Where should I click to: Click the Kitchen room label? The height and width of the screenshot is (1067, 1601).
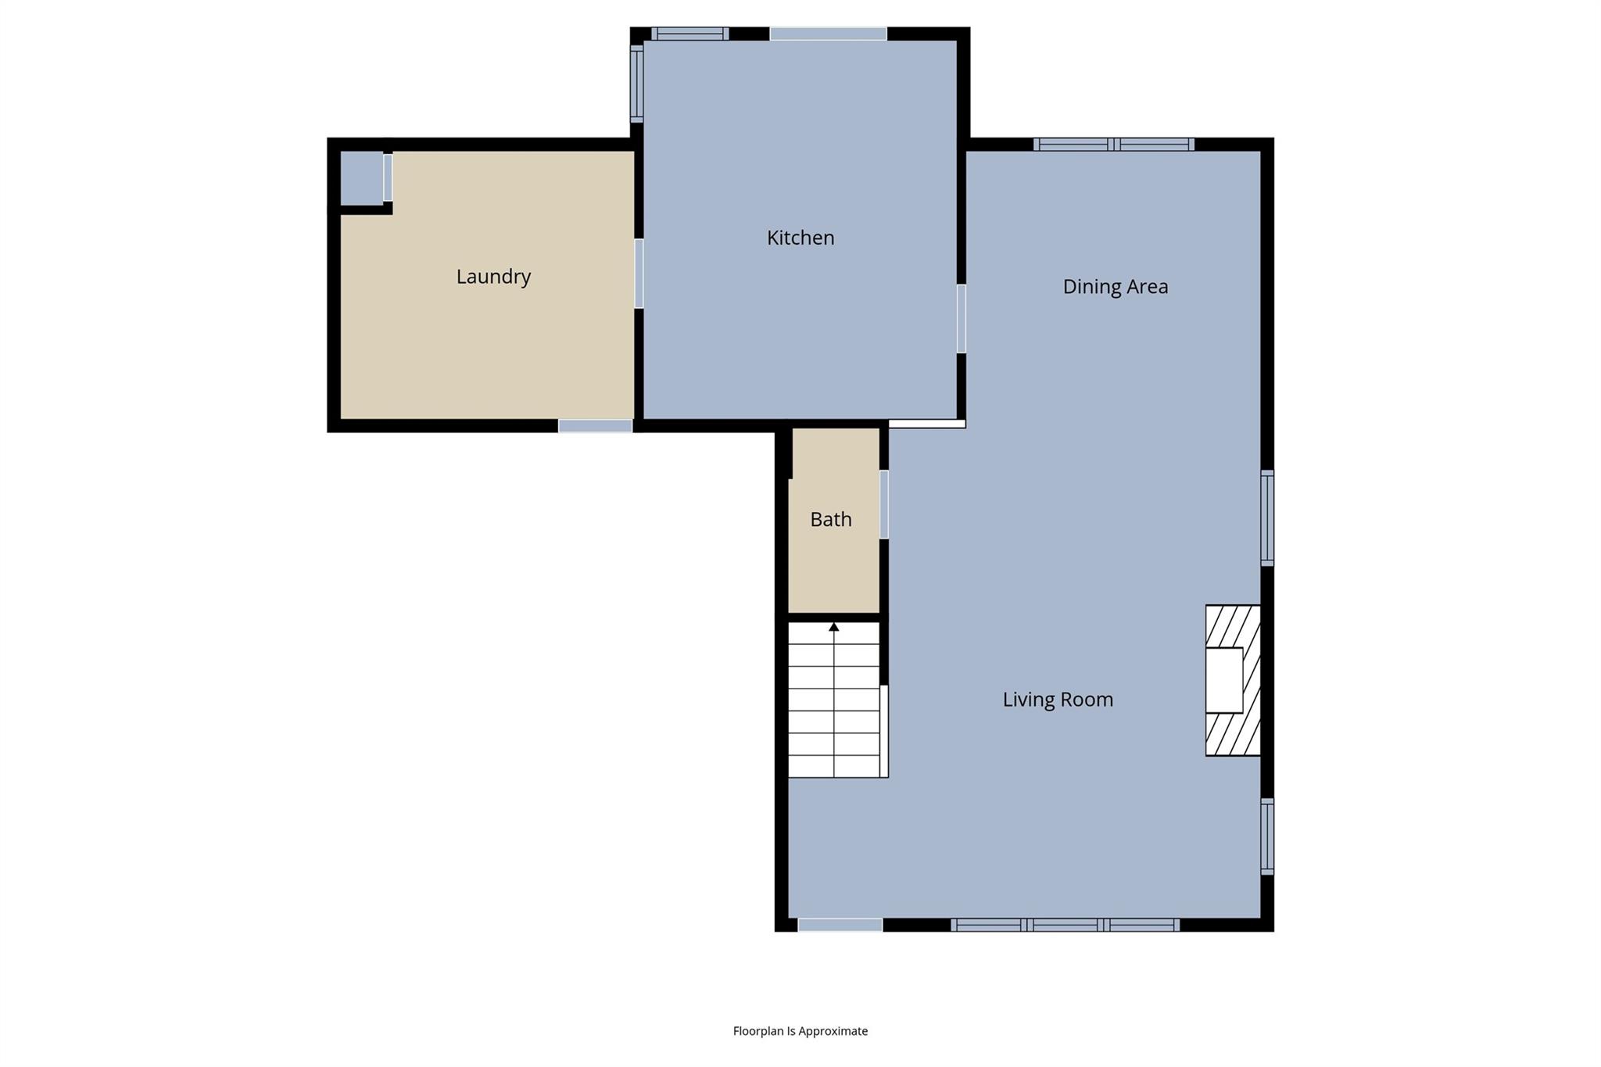[x=800, y=238]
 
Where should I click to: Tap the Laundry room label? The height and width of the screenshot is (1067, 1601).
[x=493, y=277]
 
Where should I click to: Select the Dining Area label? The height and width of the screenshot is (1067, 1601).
[x=1115, y=287]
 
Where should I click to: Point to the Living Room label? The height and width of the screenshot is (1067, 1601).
[x=1057, y=700]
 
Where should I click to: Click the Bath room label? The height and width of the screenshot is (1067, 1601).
[x=830, y=520]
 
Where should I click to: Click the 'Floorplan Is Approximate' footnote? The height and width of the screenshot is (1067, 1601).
[x=800, y=1031]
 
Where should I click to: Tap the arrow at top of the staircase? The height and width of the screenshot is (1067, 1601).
[x=834, y=627]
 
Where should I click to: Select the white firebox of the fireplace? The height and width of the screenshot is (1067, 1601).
[x=1223, y=680]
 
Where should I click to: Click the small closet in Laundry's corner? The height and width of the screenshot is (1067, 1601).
[x=361, y=178]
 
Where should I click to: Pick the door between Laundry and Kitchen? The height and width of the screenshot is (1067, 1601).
[x=639, y=274]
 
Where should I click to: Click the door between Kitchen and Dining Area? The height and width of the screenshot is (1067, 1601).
[x=961, y=318]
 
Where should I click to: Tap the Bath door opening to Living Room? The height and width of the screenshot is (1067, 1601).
[x=884, y=504]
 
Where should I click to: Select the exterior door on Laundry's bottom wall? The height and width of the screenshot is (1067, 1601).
[x=595, y=426]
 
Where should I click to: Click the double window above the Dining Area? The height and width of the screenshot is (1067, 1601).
[x=1114, y=145]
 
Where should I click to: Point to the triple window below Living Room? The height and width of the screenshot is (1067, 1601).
[x=1065, y=926]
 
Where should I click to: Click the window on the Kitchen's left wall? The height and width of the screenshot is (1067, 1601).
[x=636, y=84]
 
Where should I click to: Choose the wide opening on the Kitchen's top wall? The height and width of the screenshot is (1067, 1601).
[x=828, y=34]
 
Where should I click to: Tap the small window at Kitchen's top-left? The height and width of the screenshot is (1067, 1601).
[x=689, y=34]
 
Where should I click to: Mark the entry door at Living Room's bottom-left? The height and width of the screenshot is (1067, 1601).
[x=840, y=926]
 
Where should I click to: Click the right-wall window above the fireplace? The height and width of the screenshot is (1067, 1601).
[x=1267, y=517]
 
